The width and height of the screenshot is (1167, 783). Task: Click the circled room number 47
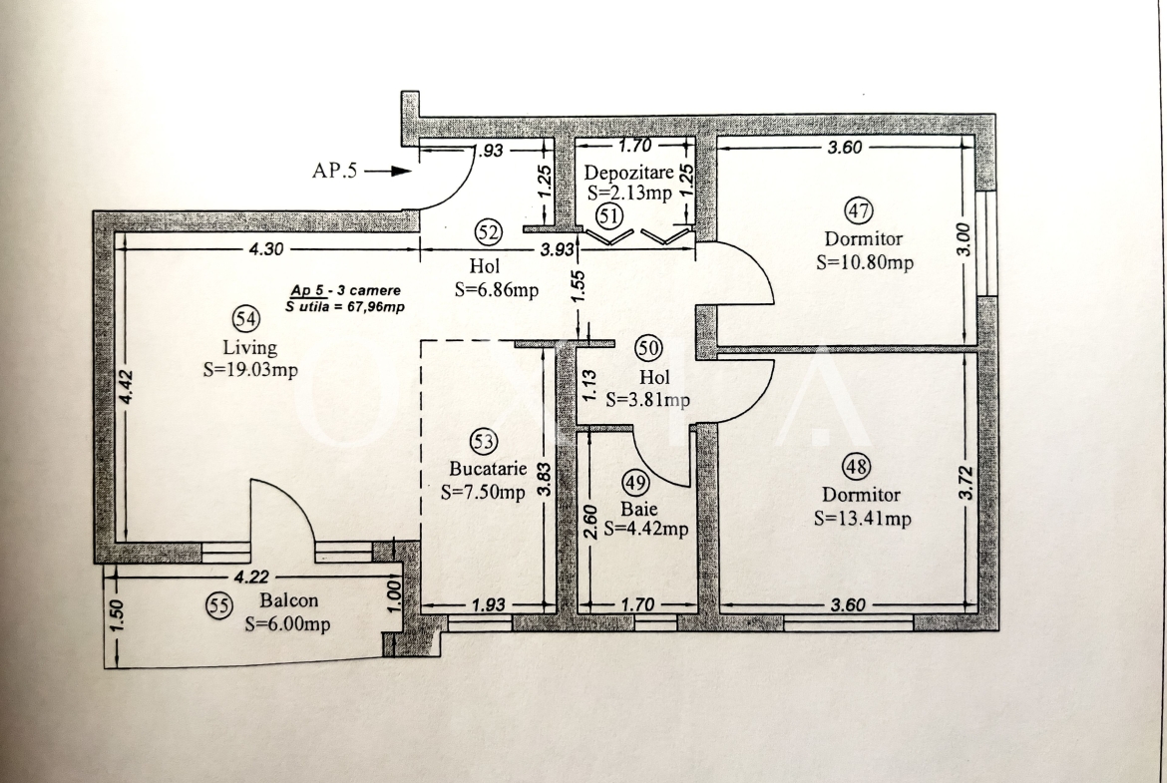[859, 210]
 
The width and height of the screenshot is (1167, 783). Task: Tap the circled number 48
[855, 467]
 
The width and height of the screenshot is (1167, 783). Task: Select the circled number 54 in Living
[246, 318]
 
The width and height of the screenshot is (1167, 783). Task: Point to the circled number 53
[483, 441]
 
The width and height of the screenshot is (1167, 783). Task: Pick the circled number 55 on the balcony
[218, 605]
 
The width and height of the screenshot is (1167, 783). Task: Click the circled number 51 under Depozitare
[608, 216]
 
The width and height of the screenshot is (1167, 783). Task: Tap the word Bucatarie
[488, 469]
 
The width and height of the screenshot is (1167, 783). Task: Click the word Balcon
[289, 599]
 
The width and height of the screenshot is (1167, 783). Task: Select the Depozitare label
[629, 173]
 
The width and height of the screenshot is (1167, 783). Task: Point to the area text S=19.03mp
[250, 370]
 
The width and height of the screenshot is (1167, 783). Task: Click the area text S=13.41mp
[863, 519]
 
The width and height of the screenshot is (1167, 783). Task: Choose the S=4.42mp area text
[646, 530]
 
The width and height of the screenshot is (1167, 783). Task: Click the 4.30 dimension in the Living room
[265, 249]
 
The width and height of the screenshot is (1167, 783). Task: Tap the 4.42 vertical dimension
[127, 387]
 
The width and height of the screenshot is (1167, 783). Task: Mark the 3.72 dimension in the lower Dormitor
[967, 483]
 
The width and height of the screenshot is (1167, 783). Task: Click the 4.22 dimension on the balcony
[251, 577]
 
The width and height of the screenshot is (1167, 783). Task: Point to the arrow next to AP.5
[388, 172]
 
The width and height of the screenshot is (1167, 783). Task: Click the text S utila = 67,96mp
[344, 306]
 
